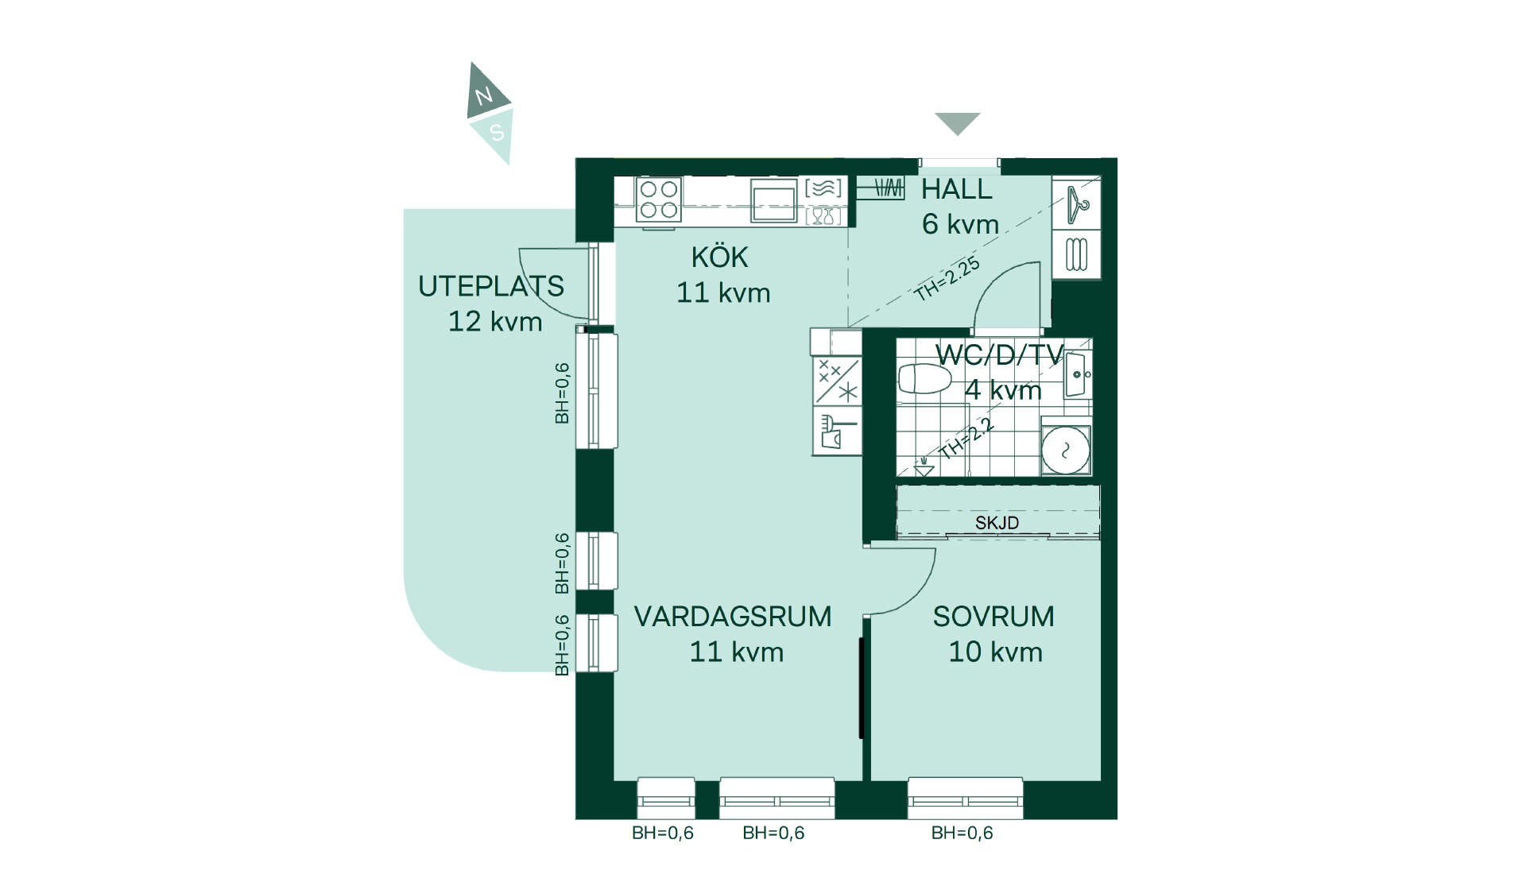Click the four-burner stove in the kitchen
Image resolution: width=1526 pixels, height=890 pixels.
tap(659, 199)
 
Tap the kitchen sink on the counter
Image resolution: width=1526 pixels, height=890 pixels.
tap(773, 199)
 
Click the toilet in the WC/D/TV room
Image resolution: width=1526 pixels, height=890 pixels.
tap(925, 379)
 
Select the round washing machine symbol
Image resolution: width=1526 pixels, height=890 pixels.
tap(1066, 451)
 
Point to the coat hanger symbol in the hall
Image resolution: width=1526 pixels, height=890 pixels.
tap(1077, 203)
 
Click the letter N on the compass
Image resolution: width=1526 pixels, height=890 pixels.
tap(483, 97)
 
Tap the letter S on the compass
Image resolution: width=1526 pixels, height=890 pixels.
tap(498, 133)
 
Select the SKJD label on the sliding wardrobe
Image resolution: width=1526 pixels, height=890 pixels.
tap(997, 523)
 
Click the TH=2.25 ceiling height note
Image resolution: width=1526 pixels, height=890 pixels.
tap(947, 279)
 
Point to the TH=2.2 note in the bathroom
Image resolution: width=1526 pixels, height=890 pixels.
tap(966, 439)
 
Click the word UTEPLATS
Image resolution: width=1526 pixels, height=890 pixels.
tap(491, 286)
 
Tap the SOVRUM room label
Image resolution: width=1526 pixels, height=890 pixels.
tap(993, 617)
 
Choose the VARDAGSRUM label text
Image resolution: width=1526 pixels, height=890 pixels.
tap(733, 617)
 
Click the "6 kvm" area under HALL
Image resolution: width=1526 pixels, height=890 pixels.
tap(960, 224)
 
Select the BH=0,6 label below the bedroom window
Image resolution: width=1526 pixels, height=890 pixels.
tap(962, 833)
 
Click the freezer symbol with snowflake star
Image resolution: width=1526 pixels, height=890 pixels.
tap(837, 381)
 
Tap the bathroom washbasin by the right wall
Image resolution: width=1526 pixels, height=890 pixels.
tap(1077, 374)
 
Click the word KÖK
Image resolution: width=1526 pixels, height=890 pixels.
tap(719, 257)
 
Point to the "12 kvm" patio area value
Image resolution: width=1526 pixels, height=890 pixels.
tap(495, 322)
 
